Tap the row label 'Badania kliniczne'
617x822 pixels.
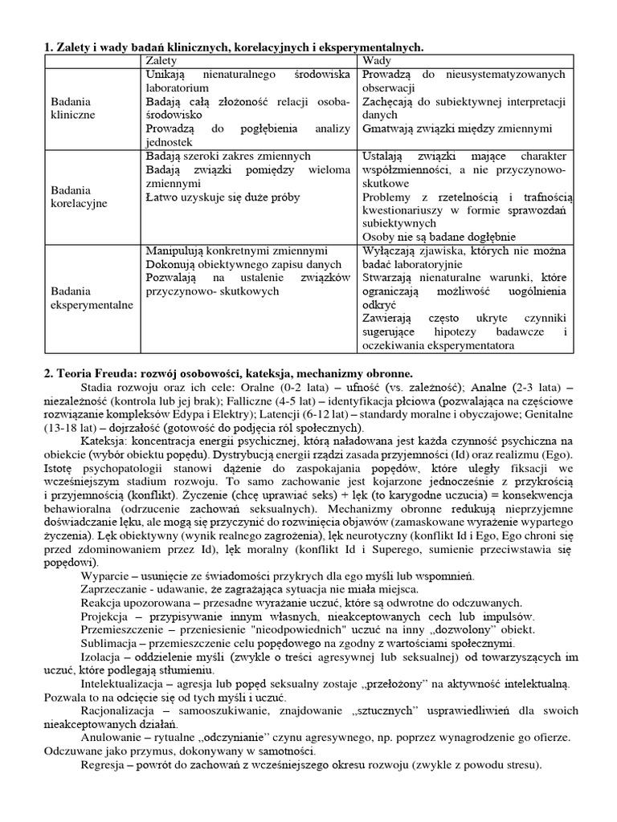pyautogui.click(x=72, y=108)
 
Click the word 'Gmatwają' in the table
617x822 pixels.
pyautogui.click(x=389, y=128)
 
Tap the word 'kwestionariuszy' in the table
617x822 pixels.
pyautogui.click(x=404, y=210)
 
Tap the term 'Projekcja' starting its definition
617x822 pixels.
pyautogui.click(x=108, y=616)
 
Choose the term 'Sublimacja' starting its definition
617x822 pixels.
pyautogui.click(x=112, y=643)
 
